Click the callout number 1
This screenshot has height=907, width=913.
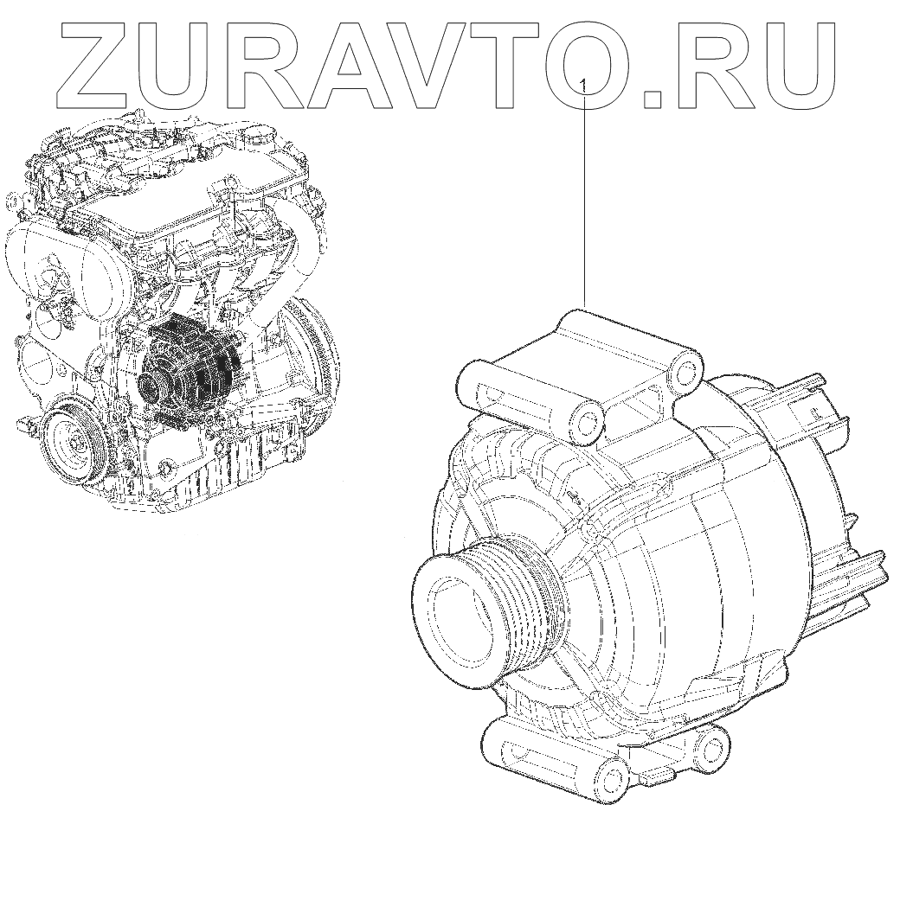point(583,86)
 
